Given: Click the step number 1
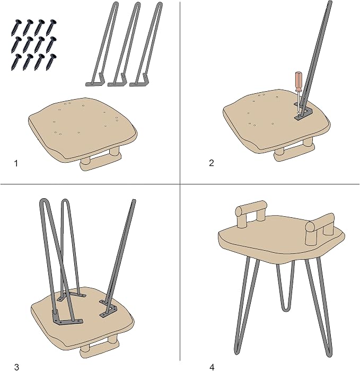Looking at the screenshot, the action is (x=16, y=163).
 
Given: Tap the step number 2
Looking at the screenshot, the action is (x=212, y=163).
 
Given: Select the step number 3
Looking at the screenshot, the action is (x=16, y=367).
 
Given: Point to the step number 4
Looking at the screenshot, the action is (x=212, y=367).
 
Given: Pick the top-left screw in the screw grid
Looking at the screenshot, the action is (x=16, y=28).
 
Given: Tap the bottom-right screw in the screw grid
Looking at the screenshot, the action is (x=51, y=62).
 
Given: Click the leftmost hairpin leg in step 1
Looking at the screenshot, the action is (x=102, y=45).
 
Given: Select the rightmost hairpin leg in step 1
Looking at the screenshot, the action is (x=146, y=45).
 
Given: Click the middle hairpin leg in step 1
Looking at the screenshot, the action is (x=124, y=45).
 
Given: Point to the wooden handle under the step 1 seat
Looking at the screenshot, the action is (x=101, y=161).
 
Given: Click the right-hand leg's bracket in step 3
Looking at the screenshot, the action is (x=109, y=308).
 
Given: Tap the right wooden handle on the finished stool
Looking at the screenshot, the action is (x=320, y=228).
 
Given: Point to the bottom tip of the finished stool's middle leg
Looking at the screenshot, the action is (x=284, y=309).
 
